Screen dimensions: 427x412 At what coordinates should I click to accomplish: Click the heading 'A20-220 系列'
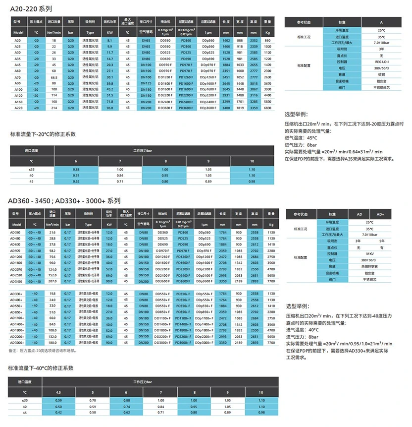point(31,9)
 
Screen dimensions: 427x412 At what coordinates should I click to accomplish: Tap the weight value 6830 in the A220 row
point(268,108)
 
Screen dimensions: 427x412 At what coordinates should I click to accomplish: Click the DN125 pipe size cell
point(146,83)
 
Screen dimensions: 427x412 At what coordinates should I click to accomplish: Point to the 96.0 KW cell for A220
point(110,108)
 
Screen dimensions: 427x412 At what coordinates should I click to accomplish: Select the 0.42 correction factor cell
point(59,412)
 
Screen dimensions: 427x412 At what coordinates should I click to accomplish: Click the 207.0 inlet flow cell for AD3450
point(52,281)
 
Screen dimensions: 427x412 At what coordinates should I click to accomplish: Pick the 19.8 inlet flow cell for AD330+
point(52,294)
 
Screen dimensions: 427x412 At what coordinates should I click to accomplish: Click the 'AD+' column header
point(380,214)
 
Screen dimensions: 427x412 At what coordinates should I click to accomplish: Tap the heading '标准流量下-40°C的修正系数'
point(41,368)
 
